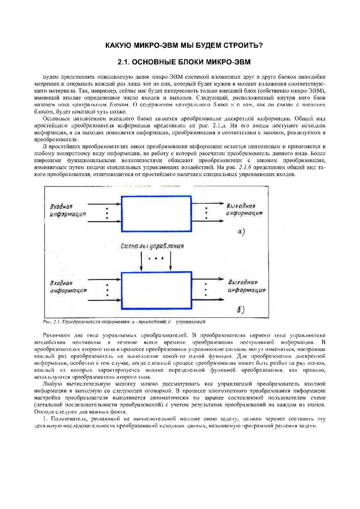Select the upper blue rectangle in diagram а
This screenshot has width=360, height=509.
tap(156, 214)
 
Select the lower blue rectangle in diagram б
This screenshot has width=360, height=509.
tap(156, 290)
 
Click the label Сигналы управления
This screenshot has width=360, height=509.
tap(152, 246)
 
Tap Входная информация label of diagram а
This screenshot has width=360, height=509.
tap(68, 210)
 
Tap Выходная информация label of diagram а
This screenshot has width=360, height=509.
tap(244, 209)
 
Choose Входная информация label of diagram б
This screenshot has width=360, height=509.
tap(68, 287)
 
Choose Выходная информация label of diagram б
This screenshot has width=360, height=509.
tap(246, 286)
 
